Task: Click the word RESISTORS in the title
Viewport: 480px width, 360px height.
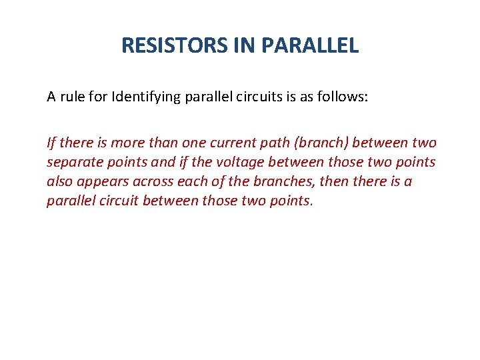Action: point(174,45)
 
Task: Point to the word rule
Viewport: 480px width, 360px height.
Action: point(73,97)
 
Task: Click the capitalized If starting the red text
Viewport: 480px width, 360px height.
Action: point(51,143)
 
